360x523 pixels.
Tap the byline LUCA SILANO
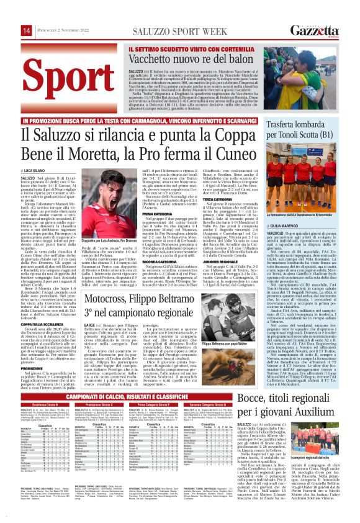(38, 169)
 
